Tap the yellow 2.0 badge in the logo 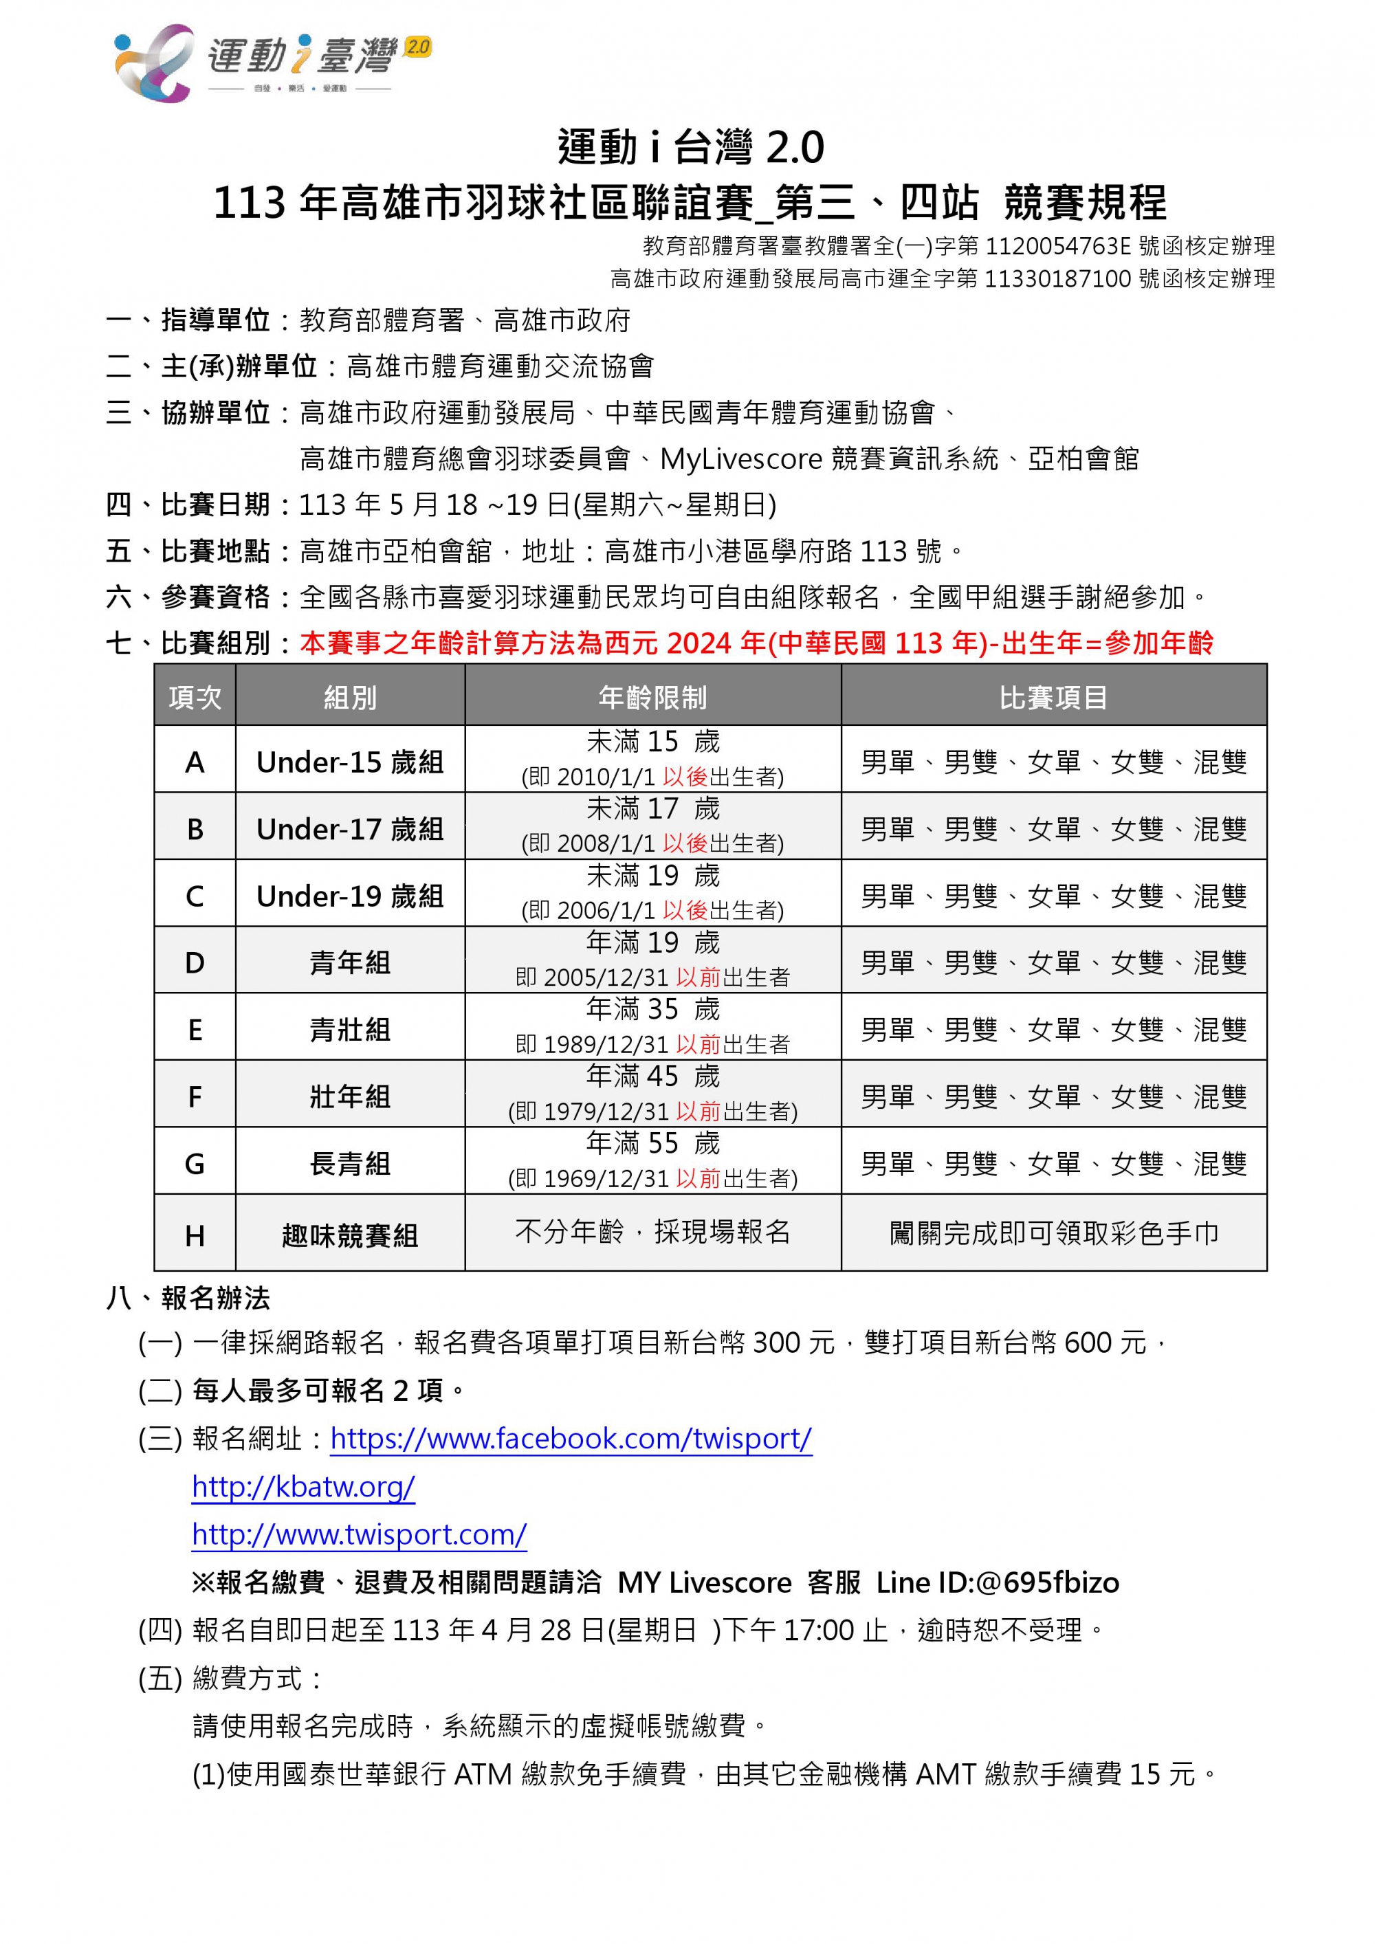tap(418, 47)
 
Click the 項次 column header tap(195, 698)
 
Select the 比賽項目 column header tap(1053, 698)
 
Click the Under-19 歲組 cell tap(350, 896)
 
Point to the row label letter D tap(195, 962)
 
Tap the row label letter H tap(195, 1236)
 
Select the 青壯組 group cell tap(350, 1030)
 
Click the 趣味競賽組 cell tap(350, 1236)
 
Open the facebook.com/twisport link tap(571, 1439)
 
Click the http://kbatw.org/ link tap(303, 1487)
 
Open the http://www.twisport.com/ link tap(359, 1534)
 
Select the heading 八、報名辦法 tap(188, 1298)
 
